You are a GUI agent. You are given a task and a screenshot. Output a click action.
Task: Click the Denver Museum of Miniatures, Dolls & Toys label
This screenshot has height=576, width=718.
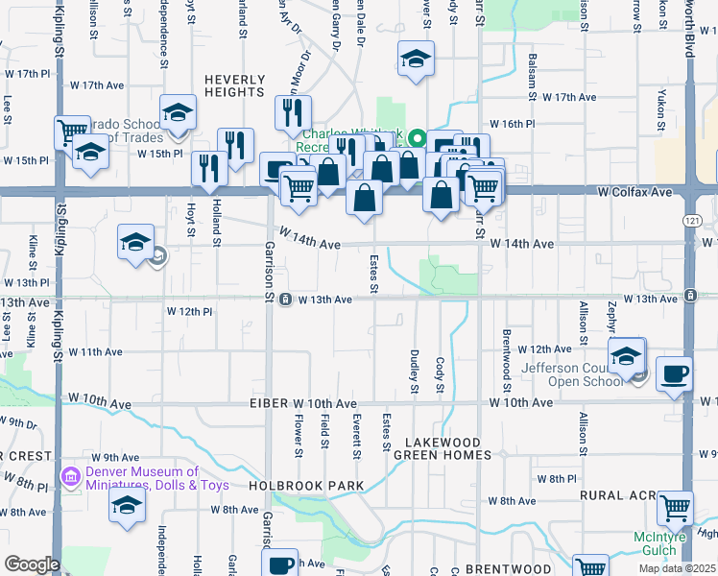(x=156, y=478)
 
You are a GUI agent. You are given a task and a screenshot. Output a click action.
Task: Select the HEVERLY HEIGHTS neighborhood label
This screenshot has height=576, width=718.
(x=233, y=84)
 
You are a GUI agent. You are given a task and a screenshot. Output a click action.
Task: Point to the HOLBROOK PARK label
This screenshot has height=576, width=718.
(x=306, y=486)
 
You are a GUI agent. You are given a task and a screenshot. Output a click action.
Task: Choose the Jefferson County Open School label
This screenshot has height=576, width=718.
(x=576, y=375)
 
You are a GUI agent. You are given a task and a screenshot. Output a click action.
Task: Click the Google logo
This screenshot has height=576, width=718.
(x=32, y=564)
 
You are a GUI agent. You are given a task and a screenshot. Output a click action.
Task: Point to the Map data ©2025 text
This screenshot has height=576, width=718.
(x=677, y=568)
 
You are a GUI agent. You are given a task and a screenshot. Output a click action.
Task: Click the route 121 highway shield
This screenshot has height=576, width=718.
(x=692, y=221)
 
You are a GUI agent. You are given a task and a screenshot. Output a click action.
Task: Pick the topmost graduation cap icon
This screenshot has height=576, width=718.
(x=414, y=60)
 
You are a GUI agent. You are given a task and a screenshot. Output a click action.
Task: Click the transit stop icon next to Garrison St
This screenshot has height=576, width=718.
(x=286, y=300)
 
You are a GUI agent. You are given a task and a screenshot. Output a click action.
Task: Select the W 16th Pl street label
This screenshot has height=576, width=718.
(x=511, y=124)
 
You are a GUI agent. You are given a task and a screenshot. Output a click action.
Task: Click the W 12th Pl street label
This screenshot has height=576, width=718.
(x=189, y=312)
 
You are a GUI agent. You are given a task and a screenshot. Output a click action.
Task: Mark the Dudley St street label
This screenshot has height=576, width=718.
(x=415, y=371)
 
